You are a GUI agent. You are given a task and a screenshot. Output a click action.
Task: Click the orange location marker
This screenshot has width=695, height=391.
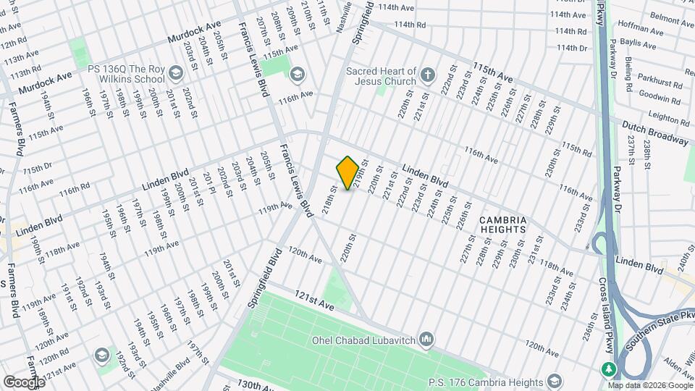pyautogui.click(x=347, y=173)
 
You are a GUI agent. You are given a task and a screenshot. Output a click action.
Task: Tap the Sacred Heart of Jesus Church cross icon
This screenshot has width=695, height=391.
pyautogui.click(x=428, y=75)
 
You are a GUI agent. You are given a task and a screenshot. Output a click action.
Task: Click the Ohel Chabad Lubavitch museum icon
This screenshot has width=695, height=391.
pyautogui.click(x=426, y=339)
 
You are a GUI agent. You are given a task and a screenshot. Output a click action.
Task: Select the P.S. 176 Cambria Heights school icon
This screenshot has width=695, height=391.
pyautogui.click(x=555, y=382)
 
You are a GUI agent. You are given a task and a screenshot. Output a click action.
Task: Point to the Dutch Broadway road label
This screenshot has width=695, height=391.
pyautogui.click(x=655, y=133)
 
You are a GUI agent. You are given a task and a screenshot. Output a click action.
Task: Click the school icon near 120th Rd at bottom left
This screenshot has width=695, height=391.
pyautogui.click(x=101, y=355)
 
